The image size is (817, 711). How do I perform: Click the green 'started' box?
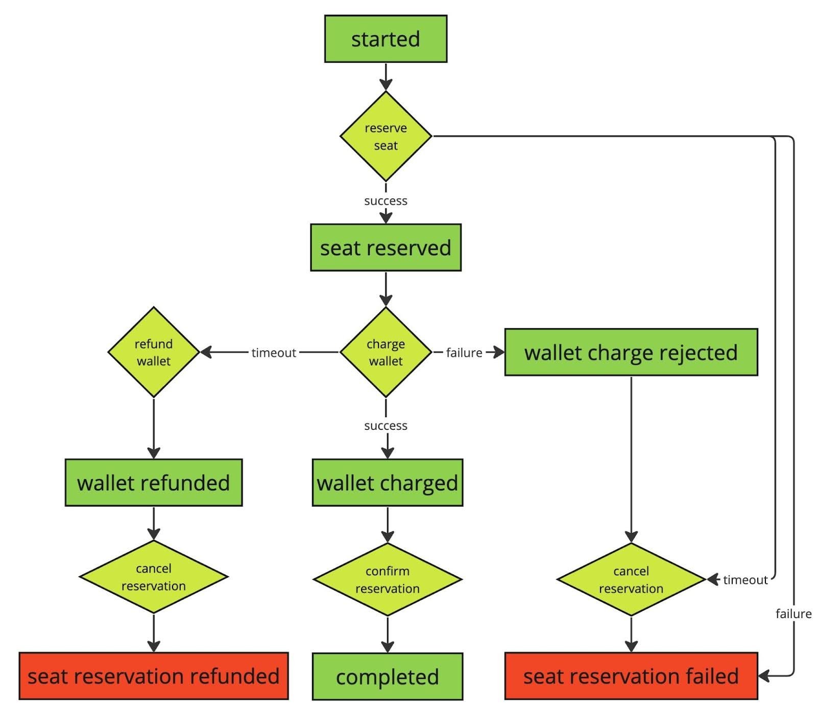(386, 39)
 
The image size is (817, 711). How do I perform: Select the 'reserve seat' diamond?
(386, 136)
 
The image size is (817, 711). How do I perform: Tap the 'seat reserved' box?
(386, 248)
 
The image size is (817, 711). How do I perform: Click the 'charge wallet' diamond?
(386, 352)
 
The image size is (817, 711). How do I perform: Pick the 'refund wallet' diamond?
(153, 352)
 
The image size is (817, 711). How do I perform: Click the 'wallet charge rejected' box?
(631, 353)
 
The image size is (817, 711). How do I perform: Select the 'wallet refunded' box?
(153, 483)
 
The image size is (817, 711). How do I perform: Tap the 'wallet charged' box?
(387, 483)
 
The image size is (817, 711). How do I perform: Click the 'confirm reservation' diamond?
(387, 579)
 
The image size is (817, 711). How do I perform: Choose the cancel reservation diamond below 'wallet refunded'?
(153, 577)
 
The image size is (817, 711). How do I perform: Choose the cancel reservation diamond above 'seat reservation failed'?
(631, 579)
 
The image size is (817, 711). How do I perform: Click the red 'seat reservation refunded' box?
(153, 676)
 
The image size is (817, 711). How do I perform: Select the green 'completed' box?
(387, 677)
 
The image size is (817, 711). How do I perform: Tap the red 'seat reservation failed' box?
(631, 676)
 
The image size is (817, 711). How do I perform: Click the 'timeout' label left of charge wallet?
(274, 353)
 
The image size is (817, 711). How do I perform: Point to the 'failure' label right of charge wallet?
(464, 353)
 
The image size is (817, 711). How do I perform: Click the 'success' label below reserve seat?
(386, 201)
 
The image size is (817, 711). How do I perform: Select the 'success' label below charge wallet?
(386, 426)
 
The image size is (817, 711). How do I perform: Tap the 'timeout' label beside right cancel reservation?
(745, 580)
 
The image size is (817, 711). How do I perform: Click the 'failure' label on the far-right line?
(793, 614)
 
